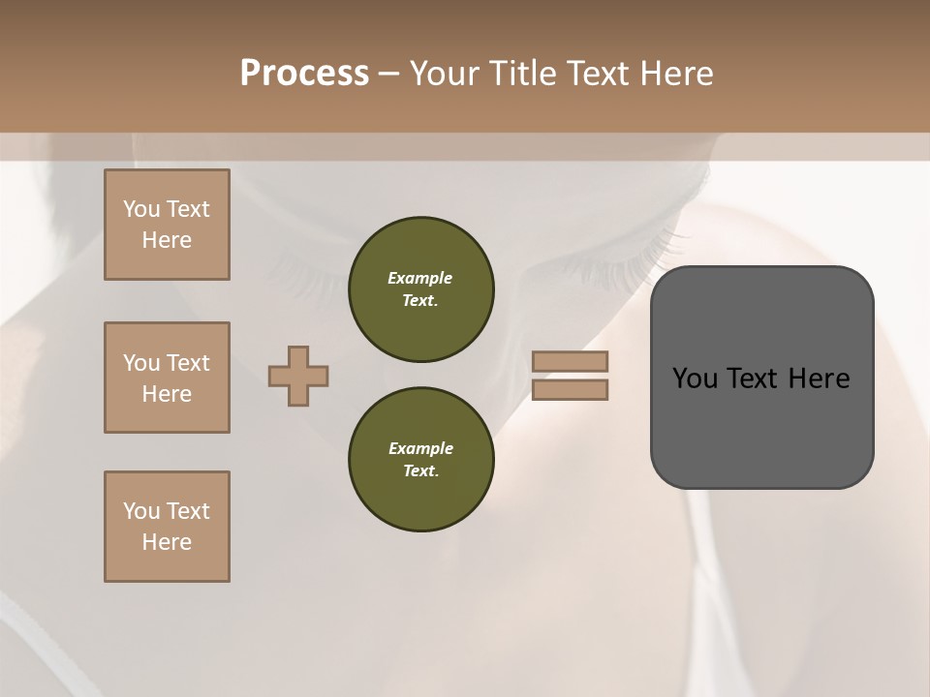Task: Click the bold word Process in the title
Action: [x=304, y=74]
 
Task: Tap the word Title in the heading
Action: [x=522, y=74]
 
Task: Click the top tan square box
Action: [x=167, y=225]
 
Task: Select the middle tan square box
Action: [x=167, y=378]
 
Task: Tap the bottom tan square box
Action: [x=167, y=527]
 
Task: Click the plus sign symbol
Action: [x=298, y=376]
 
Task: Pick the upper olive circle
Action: [x=420, y=288]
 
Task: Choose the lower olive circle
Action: [x=420, y=459]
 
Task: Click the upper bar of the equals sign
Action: [x=571, y=361]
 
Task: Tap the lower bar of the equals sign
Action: [x=571, y=389]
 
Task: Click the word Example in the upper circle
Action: [x=420, y=278]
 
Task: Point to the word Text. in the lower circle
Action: [x=420, y=470]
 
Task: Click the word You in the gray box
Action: [x=694, y=379]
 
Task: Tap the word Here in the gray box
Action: [x=819, y=379]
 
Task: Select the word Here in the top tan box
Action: [x=167, y=240]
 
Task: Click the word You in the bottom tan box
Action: [x=141, y=511]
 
